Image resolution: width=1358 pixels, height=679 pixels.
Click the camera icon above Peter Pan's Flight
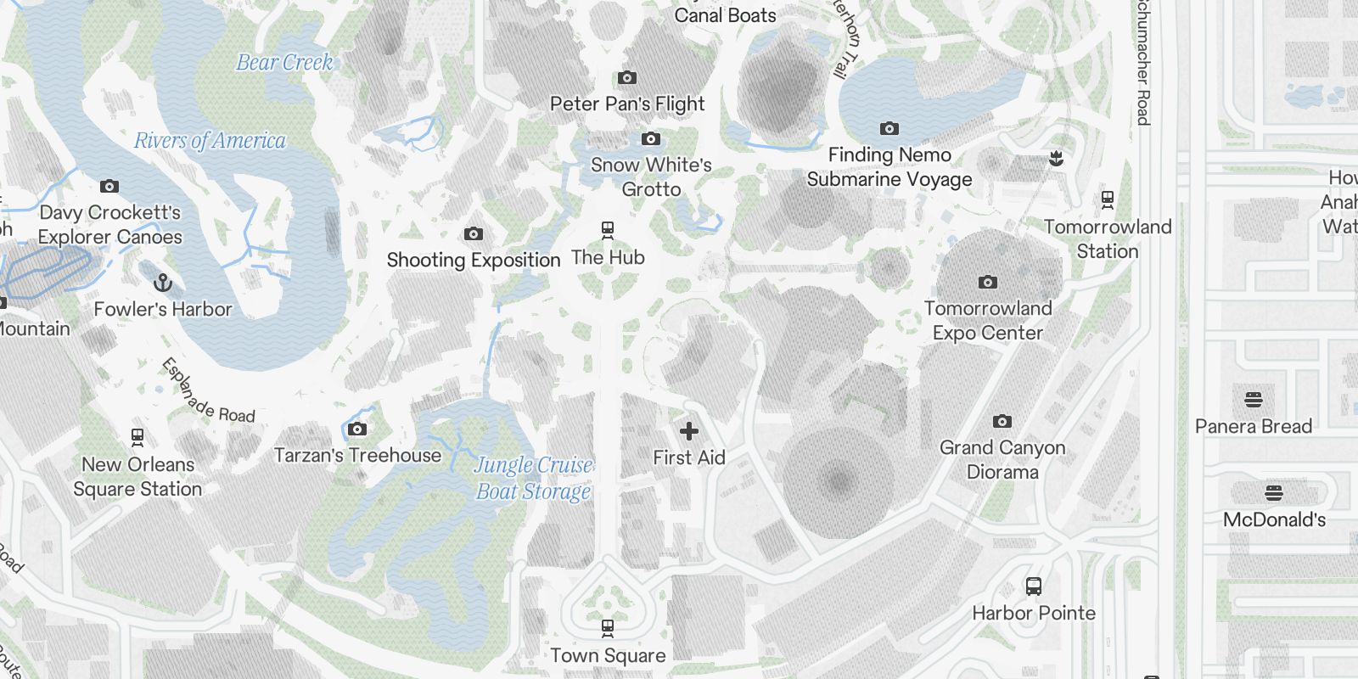coord(627,78)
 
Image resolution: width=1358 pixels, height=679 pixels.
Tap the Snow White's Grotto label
coord(651,177)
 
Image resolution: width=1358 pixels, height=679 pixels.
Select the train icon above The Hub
coord(608,230)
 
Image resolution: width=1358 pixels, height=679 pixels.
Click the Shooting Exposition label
coord(474,260)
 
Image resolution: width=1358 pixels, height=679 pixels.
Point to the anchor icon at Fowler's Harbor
coord(162,283)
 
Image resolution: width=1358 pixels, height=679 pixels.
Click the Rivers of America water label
coord(210,140)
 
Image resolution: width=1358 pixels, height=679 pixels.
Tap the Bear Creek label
coord(284,62)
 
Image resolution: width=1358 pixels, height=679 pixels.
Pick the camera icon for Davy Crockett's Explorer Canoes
coord(109,187)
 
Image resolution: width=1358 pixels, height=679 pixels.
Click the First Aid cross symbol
coord(689,431)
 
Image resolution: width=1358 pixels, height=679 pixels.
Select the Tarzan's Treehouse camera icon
coord(357,429)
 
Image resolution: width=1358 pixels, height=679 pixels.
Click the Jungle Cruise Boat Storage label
coord(533,478)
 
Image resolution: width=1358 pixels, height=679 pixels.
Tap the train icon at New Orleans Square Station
coord(137,438)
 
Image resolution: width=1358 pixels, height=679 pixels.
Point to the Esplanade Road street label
coord(208,391)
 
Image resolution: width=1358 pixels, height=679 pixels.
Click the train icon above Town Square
coord(608,629)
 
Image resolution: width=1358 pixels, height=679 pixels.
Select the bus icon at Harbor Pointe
coord(1034,586)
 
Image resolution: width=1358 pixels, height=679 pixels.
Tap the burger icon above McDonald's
coord(1274,493)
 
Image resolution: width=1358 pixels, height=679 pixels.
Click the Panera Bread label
coord(1254,426)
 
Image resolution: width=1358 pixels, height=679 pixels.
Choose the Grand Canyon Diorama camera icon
coord(1002,422)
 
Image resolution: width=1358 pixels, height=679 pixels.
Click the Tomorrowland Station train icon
coord(1108,200)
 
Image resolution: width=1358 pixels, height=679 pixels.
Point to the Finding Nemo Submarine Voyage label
coord(889,167)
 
